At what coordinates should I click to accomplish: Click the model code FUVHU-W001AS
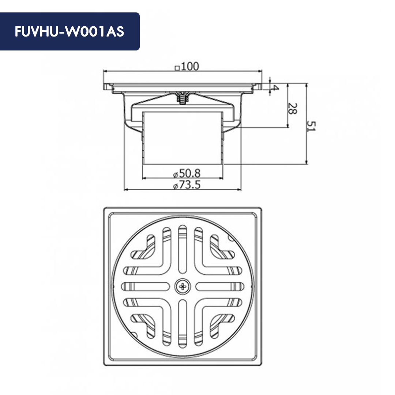[x=69, y=32]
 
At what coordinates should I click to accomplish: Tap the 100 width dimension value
[x=190, y=67]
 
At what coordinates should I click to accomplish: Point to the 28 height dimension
[x=292, y=109]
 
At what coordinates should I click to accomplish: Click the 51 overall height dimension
[x=311, y=126]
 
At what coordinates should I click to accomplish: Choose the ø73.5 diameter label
[x=187, y=185]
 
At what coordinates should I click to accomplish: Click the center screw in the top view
[x=183, y=287]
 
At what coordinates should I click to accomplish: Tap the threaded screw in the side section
[x=182, y=98]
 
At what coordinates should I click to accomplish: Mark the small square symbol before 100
[x=177, y=68]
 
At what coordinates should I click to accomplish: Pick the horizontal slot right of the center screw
[x=219, y=287]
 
